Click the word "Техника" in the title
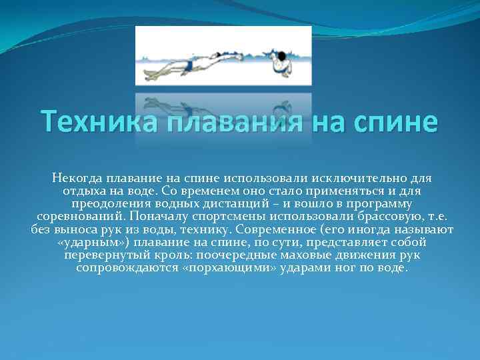88,123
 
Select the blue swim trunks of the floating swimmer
191,65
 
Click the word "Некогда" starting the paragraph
79,179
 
